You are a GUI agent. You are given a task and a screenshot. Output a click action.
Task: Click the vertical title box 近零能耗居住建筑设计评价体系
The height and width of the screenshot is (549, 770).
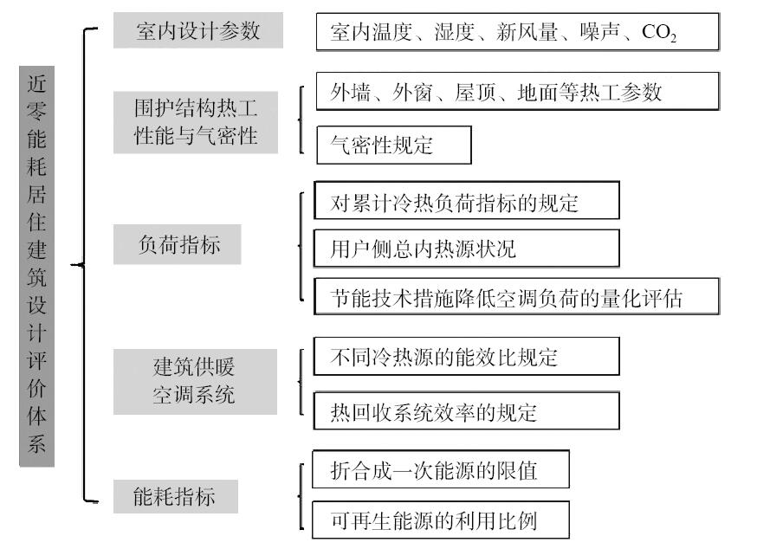click(37, 266)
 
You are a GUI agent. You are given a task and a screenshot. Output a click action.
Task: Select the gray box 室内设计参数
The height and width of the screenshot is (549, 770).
click(197, 30)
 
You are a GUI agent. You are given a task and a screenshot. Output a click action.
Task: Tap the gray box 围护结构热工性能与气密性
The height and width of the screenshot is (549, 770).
click(196, 122)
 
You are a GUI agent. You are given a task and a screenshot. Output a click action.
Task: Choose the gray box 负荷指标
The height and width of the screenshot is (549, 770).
click(178, 244)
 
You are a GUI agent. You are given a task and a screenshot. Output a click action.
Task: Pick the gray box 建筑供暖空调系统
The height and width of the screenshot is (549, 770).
click(195, 382)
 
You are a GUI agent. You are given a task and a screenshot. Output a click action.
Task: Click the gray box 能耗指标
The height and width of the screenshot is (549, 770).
click(176, 496)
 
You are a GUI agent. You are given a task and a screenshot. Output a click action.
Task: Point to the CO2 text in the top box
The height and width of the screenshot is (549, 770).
click(659, 32)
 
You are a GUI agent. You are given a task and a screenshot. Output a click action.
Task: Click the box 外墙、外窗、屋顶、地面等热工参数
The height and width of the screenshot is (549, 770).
click(518, 91)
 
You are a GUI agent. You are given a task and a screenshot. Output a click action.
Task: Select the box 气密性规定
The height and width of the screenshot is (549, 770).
click(394, 145)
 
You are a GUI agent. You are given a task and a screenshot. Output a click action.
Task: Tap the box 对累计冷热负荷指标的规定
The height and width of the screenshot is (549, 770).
click(467, 200)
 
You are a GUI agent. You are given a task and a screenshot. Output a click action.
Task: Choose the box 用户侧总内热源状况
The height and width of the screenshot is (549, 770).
click(467, 248)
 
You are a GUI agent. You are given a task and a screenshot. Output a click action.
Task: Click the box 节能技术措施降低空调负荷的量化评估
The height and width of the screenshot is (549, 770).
click(516, 296)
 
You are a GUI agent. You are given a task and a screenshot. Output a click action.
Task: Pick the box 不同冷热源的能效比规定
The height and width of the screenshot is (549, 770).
click(467, 356)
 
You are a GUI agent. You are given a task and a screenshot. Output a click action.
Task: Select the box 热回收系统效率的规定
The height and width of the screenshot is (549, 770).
click(467, 411)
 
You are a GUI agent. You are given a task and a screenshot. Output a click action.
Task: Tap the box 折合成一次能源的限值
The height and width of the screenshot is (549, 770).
click(441, 469)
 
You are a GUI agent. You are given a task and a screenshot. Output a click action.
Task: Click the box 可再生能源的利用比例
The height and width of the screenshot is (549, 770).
click(441, 520)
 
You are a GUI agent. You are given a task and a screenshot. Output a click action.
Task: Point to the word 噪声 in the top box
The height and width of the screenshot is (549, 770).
click(599, 32)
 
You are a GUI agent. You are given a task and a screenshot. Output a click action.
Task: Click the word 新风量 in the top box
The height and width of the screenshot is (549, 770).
click(527, 32)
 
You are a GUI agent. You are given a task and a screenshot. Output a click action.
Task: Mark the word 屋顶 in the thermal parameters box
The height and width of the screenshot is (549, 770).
click(475, 92)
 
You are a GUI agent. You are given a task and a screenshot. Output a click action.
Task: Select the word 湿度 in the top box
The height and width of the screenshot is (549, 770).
click(454, 32)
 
